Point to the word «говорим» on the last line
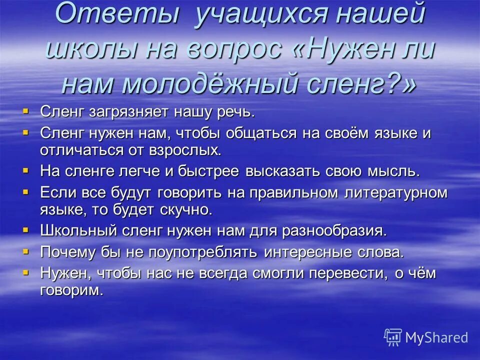point(71,290)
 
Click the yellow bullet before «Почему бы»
point(26,249)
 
